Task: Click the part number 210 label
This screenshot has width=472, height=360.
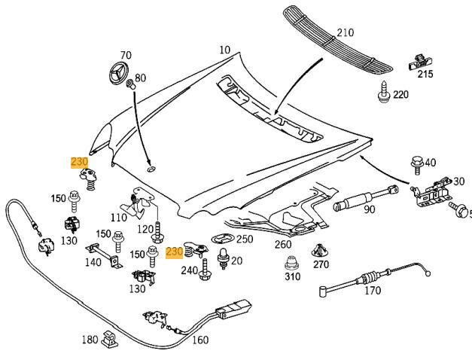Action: (345, 33)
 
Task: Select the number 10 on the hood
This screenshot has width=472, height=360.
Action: (225, 50)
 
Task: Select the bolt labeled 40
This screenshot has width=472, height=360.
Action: (416, 163)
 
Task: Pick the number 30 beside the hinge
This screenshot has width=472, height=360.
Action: (458, 182)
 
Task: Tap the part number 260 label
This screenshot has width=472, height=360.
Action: (283, 244)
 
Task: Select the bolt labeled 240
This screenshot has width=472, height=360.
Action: (205, 271)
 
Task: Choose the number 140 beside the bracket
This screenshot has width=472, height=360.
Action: (93, 263)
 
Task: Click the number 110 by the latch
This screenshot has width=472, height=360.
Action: (118, 218)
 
